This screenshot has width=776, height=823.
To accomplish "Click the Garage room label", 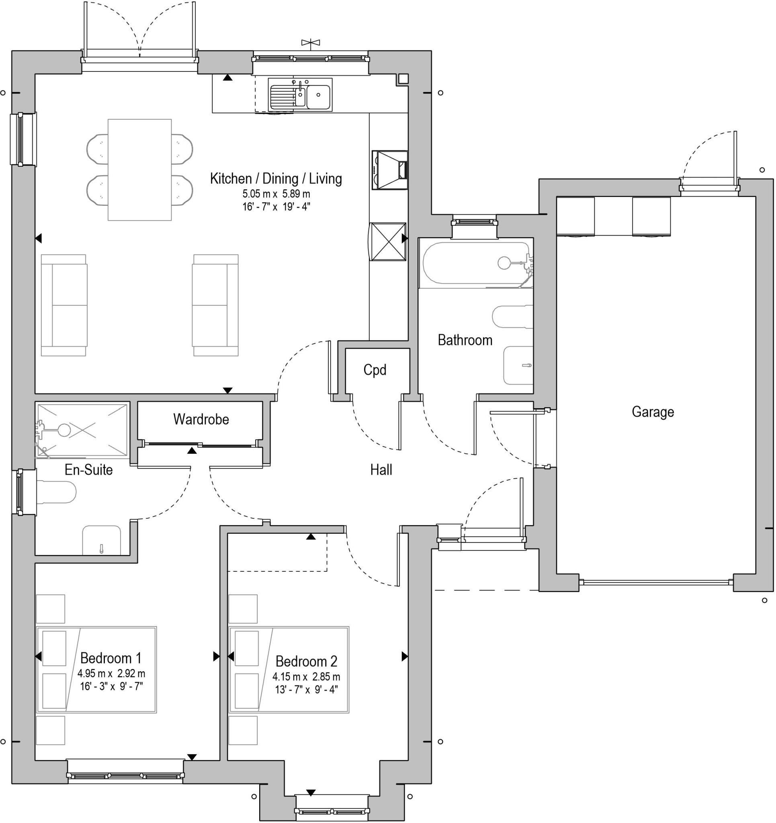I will click(653, 412).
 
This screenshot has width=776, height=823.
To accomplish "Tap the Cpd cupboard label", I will click(375, 370).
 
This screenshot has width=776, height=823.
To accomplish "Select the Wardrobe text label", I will click(201, 420).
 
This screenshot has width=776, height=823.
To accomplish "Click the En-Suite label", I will click(89, 469).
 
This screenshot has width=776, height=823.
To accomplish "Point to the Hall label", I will click(381, 469).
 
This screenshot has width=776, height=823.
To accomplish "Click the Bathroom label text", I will click(465, 340).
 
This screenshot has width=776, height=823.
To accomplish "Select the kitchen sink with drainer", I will click(300, 95).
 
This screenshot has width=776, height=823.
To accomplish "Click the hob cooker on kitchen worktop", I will click(390, 170).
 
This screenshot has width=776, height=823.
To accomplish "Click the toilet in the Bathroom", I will click(512, 317).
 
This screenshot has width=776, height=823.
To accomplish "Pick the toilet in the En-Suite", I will click(56, 492).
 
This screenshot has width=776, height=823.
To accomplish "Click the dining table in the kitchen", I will click(139, 170).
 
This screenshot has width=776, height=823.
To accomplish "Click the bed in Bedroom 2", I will click(289, 669).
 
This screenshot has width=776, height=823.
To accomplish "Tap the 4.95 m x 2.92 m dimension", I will click(111, 674).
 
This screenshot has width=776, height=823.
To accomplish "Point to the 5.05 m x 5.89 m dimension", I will click(276, 194).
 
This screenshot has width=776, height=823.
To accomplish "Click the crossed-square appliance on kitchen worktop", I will click(388, 242).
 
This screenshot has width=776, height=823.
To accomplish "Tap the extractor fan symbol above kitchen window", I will click(311, 42).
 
